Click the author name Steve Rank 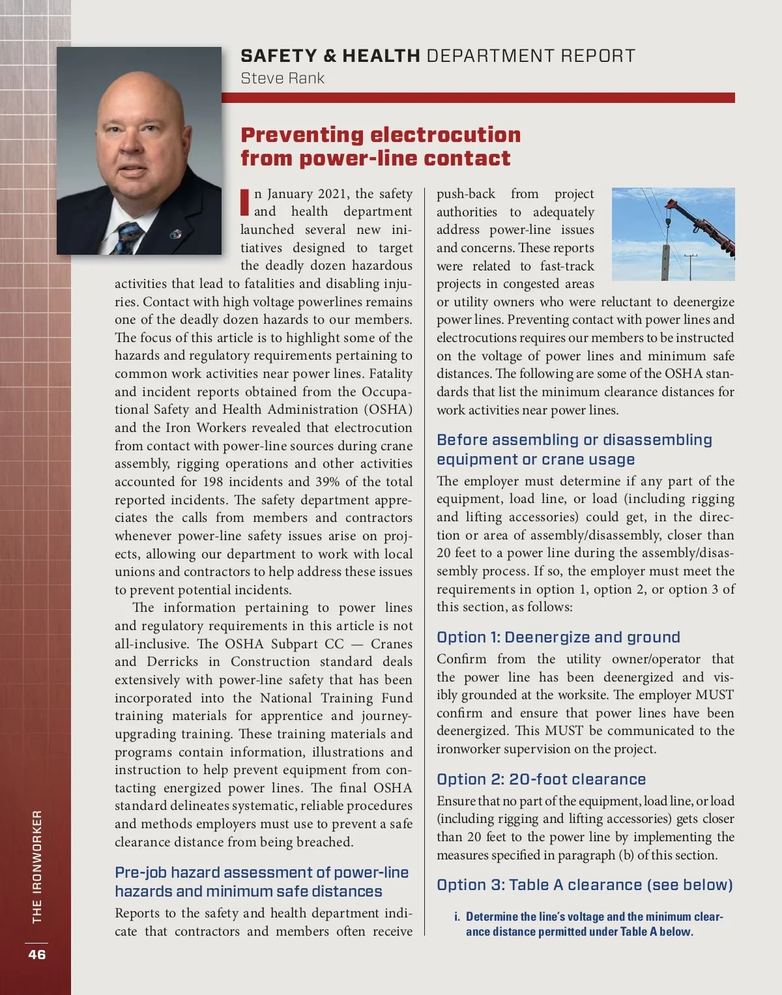[282, 78]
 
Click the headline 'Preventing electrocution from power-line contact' [380, 146]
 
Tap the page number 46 [36, 954]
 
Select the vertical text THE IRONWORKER [37, 866]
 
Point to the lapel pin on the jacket [175, 233]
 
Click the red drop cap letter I [245, 202]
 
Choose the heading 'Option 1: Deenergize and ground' [558, 637]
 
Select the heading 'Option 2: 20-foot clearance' [541, 779]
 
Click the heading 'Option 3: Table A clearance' [585, 885]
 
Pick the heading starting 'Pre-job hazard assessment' [261, 882]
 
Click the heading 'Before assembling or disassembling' [574, 449]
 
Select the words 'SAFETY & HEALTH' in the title [330, 56]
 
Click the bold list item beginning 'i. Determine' [588, 924]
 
